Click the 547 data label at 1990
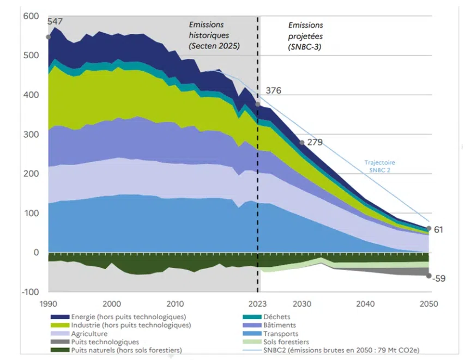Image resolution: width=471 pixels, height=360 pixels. click(x=55, y=21)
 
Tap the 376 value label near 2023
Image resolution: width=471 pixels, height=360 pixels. click(x=273, y=90)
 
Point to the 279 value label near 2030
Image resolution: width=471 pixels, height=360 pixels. click(x=315, y=142)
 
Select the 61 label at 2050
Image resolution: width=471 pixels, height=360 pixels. click(x=438, y=230)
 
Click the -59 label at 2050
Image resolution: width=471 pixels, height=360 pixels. click(x=439, y=278)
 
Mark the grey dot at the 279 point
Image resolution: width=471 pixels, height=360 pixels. click(x=301, y=143)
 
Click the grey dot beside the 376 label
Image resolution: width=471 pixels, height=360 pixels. click(x=258, y=104)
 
